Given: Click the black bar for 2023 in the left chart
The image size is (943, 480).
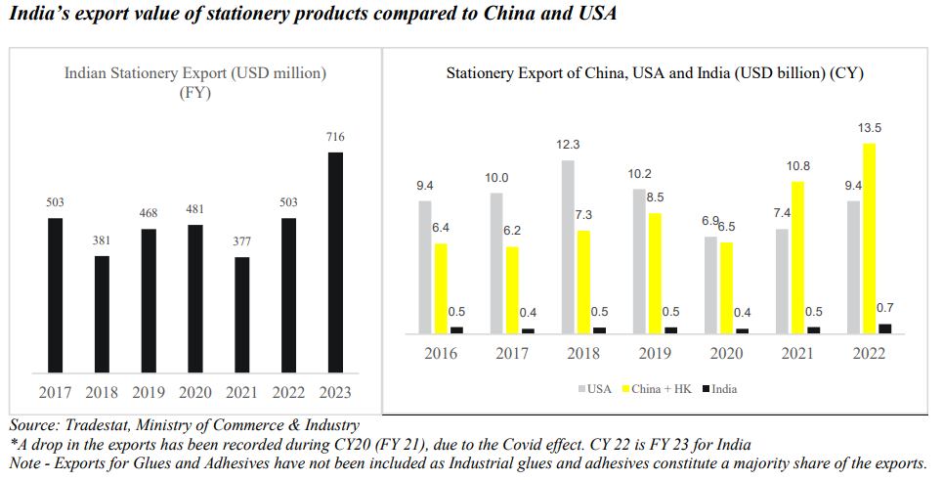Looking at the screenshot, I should click(335, 262).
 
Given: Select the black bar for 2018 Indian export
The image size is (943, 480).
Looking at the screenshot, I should click(101, 314).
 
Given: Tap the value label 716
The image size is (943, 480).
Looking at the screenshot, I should click(335, 137).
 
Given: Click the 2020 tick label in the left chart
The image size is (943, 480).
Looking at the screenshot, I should click(194, 392).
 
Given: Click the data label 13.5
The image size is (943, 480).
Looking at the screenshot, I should click(869, 127).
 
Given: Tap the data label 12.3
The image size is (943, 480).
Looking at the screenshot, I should click(568, 145).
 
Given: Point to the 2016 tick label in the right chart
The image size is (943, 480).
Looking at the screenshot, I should click(440, 353).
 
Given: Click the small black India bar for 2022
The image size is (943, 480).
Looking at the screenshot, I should click(885, 328).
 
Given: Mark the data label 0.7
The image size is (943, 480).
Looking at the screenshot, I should click(885, 308).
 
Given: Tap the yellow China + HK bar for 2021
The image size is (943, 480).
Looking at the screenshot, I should click(797, 257).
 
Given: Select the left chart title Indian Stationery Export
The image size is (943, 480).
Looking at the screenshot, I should click(194, 73).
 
